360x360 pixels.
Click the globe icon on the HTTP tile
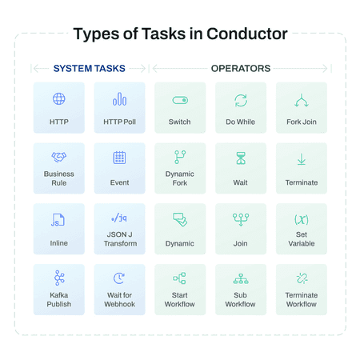[x=59, y=99]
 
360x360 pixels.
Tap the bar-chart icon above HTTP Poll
[x=119, y=99]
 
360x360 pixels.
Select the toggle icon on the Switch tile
[x=180, y=100]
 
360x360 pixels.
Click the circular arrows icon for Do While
[x=241, y=100]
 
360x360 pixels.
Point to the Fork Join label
[x=302, y=122]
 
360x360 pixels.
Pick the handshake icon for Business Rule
[x=59, y=157]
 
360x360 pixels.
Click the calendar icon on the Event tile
[x=119, y=158]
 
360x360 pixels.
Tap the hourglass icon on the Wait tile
[x=241, y=158]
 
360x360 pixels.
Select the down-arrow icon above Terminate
[x=302, y=159]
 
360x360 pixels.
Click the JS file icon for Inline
[x=58, y=220]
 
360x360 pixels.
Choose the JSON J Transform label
[x=120, y=239]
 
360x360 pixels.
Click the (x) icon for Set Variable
[x=302, y=219]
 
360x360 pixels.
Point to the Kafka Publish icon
[x=59, y=278]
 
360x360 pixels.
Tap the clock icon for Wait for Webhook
[x=119, y=278]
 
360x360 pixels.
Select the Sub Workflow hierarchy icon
[x=241, y=278]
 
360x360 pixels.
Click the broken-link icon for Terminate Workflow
[x=302, y=278]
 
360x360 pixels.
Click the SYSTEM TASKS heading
[x=90, y=69]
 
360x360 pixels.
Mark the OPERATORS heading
[x=241, y=69]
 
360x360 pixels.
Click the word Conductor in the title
[x=247, y=34]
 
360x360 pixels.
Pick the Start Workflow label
[x=180, y=300]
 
